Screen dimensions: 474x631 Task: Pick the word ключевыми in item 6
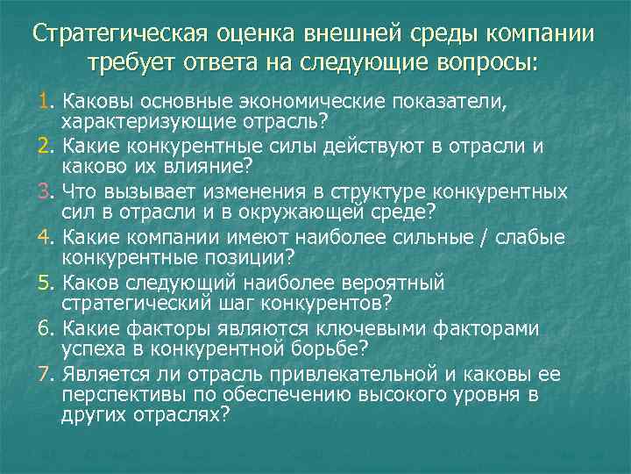tap(383, 329)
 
